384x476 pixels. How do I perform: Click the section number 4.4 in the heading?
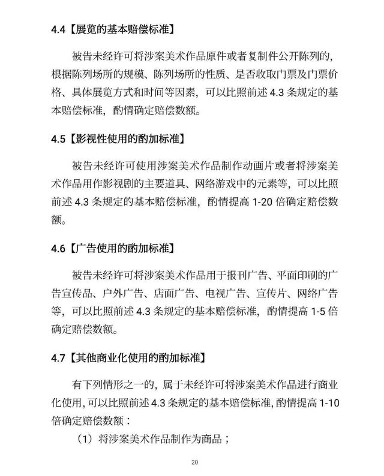pos(58,29)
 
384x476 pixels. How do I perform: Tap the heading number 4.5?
pos(58,138)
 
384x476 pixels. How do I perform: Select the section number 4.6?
pos(58,248)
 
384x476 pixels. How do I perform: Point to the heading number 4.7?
pos(58,357)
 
